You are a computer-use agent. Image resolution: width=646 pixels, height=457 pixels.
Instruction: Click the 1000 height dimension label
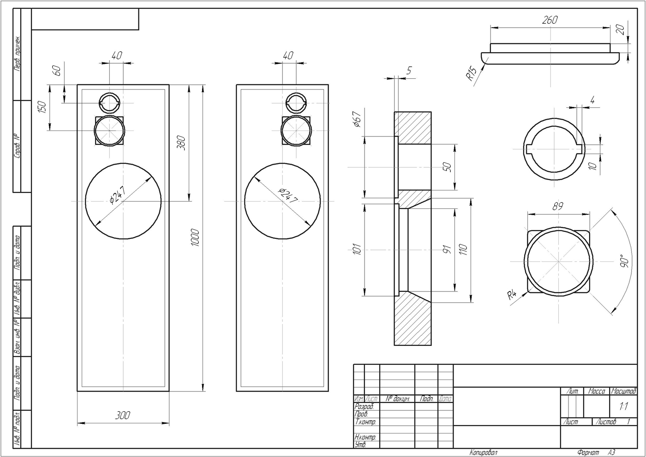195,237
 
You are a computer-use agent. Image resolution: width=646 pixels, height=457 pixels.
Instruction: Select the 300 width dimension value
122,415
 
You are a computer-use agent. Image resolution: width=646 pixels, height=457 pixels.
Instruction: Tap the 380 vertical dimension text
181,143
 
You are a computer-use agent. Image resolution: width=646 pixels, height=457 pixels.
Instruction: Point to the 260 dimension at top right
550,20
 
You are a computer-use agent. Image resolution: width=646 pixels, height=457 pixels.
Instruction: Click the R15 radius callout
471,74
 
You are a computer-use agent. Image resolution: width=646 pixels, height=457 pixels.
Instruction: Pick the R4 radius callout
512,294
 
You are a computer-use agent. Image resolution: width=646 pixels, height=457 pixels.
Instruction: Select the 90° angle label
624,261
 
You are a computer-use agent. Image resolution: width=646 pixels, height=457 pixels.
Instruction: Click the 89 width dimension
558,206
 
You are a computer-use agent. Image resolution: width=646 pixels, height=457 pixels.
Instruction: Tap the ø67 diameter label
356,119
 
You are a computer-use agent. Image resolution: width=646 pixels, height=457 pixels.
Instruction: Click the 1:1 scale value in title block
623,407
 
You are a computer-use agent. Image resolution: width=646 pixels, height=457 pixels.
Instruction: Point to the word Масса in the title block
596,391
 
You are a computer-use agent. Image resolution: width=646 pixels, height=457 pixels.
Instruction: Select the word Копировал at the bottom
484,452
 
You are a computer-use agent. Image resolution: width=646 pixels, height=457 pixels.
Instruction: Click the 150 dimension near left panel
42,107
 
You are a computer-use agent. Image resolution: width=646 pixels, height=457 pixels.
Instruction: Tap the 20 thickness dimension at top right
620,30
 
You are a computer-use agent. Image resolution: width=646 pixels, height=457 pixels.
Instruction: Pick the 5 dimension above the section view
409,71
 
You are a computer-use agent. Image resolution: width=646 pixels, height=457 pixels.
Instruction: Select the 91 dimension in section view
446,250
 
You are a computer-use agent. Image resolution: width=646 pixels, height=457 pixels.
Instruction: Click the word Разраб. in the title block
364,407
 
